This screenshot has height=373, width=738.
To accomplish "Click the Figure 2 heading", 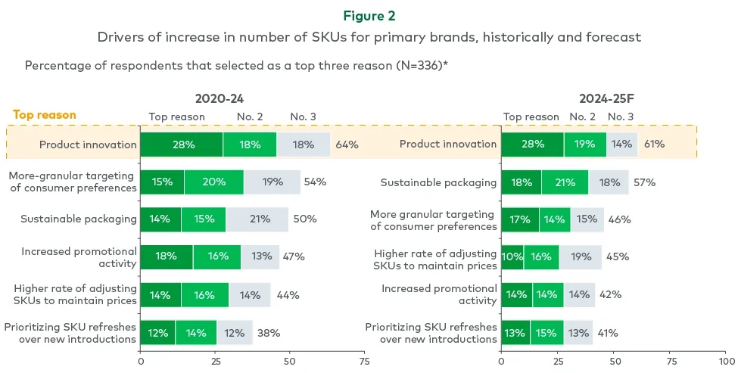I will point(368,15).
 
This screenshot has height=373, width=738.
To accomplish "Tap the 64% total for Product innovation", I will point(347,145).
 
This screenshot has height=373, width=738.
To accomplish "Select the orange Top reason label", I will point(44,115).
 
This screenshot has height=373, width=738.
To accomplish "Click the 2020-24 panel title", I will point(220,98).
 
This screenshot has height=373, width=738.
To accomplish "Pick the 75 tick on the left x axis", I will point(364,353).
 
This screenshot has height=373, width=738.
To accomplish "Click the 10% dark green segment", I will point(512,256).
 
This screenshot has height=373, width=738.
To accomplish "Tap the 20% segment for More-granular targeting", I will point(213,182).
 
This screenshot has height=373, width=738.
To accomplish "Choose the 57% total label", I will point(644,182).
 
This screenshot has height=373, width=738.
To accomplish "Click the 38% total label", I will point(269,332).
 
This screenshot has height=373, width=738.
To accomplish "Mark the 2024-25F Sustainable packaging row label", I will point(438,182).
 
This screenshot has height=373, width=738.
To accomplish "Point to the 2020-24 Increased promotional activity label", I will point(79,257).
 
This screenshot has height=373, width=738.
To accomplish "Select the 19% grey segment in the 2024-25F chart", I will point(581,256).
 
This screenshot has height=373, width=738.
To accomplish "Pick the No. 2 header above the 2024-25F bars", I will point(582,117).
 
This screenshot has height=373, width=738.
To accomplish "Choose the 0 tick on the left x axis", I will point(140,353).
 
